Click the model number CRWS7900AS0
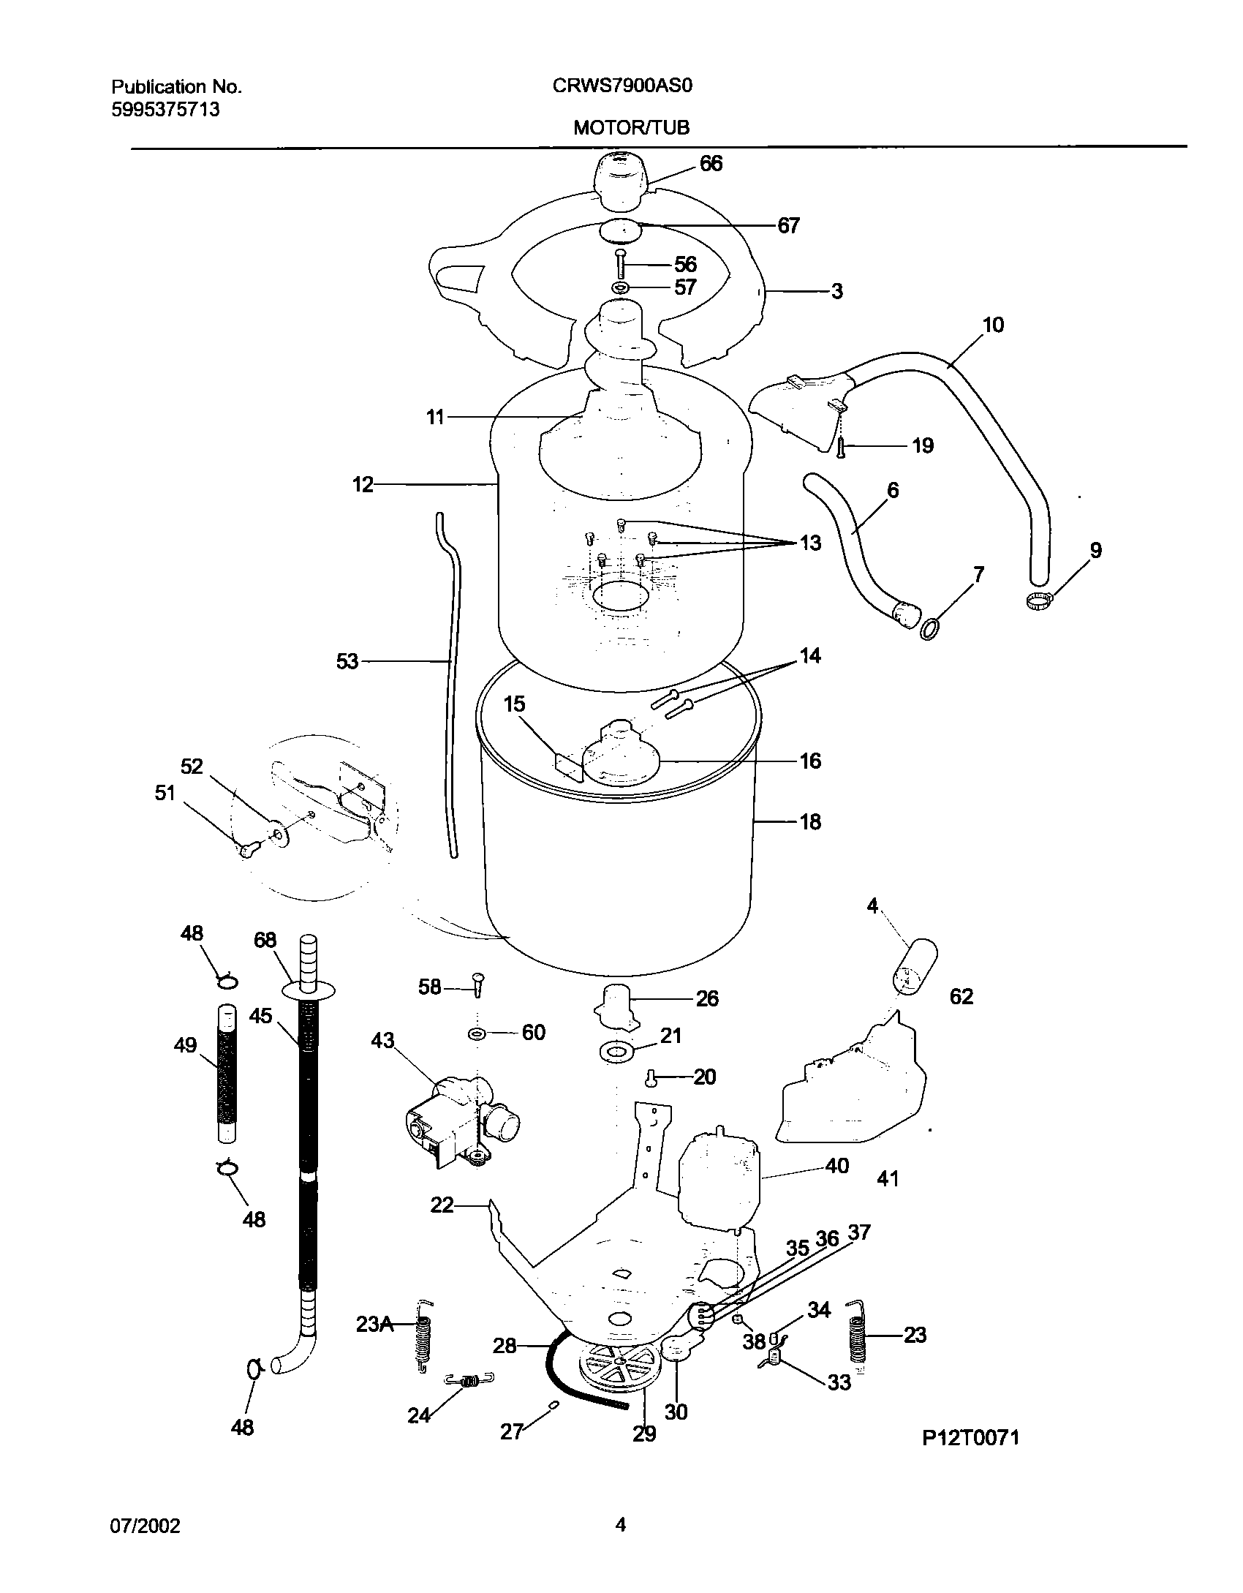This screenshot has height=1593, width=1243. pos(621,86)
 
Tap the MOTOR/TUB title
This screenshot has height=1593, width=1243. pos(631,128)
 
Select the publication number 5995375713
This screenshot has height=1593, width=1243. pos(165,110)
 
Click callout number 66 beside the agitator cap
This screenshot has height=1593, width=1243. pos(710,164)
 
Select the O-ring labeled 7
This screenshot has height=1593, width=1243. pos(930,628)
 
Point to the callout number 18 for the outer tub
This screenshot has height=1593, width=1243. pos(810,821)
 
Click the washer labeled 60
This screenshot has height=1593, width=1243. pos(478,1033)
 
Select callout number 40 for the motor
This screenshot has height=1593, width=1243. pos(836,1165)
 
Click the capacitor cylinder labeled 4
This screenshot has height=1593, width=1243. pos(915,967)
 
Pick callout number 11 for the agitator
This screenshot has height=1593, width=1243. pos(436,418)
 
